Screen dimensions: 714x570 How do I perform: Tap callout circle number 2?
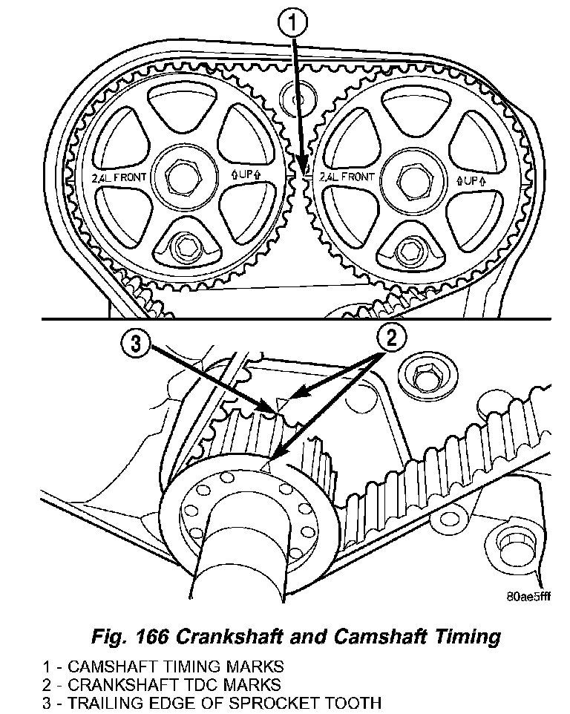point(393,338)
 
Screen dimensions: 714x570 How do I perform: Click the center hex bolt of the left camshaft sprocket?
point(180,176)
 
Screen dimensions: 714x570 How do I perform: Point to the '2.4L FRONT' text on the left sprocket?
point(118,177)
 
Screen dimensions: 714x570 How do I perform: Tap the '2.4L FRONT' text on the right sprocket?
point(346,178)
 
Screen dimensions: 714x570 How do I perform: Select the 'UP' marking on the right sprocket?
point(471,180)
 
